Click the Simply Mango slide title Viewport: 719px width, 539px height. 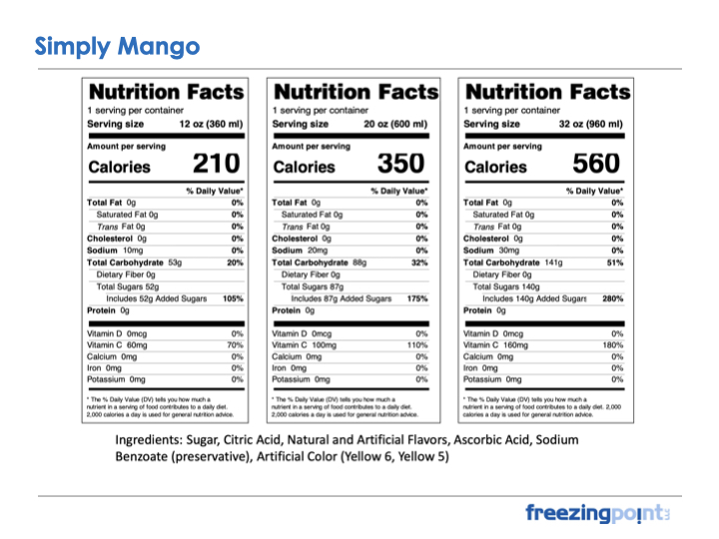pos(117,46)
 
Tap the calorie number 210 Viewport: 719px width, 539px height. pos(216,164)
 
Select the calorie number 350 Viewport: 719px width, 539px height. pos(399,164)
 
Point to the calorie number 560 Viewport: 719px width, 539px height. pos(596,164)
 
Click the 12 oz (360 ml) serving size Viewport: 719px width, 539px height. pos(211,124)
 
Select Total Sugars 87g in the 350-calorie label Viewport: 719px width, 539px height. pos(315,286)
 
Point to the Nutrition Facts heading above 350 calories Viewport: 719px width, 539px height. pos(356,92)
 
